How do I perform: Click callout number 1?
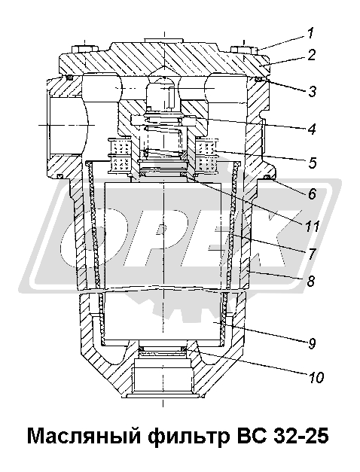(x=311, y=33)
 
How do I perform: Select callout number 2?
(x=312, y=55)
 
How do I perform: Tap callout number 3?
(x=312, y=91)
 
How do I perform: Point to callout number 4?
(x=312, y=129)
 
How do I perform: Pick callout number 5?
(x=312, y=163)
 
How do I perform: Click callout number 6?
(x=312, y=193)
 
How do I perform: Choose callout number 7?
(x=312, y=254)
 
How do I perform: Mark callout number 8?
(x=310, y=281)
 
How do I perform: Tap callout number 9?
(x=312, y=343)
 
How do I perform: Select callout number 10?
(x=316, y=377)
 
